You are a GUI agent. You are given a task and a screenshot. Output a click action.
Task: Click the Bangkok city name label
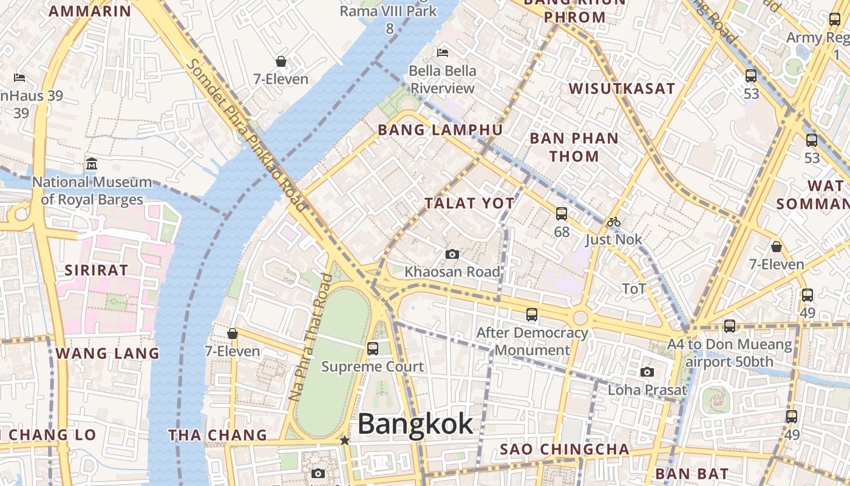point(415,423)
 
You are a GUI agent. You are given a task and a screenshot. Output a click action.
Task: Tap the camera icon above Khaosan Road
point(452,254)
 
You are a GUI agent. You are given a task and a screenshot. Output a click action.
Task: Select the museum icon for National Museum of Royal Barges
point(92,163)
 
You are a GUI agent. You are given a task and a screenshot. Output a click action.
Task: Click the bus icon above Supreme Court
point(373,349)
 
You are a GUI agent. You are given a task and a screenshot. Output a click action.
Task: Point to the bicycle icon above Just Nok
point(614,222)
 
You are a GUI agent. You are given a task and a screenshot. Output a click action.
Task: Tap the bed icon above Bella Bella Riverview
point(443,53)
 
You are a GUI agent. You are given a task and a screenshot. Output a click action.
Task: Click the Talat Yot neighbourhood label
point(470,203)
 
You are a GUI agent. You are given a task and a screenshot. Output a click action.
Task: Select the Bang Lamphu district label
point(440,130)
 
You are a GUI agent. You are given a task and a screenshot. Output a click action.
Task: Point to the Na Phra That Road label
point(310,337)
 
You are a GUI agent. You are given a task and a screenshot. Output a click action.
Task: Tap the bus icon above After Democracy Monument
point(532,315)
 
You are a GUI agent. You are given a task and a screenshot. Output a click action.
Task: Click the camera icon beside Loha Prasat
point(647,372)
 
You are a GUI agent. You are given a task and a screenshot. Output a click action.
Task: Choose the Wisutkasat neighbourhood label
point(622,89)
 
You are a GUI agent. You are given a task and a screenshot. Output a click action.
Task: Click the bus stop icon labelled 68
point(562,214)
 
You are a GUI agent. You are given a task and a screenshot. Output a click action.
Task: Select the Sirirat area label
point(97,270)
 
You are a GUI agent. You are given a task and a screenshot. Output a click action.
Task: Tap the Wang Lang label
point(107,353)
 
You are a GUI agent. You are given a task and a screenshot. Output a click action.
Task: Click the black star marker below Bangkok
point(345,440)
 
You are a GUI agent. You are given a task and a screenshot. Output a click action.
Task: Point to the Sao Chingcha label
point(565,450)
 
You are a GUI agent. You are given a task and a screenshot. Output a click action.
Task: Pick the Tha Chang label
point(217,435)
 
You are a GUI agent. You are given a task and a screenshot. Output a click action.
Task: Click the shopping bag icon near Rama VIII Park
point(281,61)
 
